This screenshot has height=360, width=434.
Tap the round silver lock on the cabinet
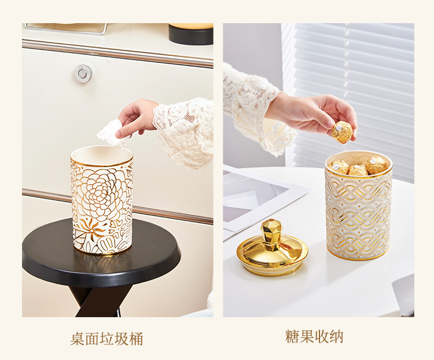click(x=83, y=73)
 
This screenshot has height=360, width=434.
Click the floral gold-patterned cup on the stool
click(x=102, y=199)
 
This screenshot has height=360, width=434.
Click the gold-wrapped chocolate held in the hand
click(x=342, y=133)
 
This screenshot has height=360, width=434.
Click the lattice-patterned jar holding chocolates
click(x=359, y=206)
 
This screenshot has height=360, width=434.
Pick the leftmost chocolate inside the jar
click(x=339, y=167)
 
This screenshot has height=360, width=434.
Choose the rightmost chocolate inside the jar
click(x=376, y=166)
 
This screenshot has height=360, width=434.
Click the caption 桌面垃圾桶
click(x=106, y=339)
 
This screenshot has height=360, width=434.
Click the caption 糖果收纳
click(x=314, y=336)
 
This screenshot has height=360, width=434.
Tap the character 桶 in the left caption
click(x=135, y=339)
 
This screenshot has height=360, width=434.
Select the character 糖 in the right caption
click(x=292, y=336)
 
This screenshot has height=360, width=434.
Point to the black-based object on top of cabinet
click(x=191, y=34)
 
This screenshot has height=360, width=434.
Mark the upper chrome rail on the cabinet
click(x=117, y=53)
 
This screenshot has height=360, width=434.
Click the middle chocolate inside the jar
click(x=358, y=170)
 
